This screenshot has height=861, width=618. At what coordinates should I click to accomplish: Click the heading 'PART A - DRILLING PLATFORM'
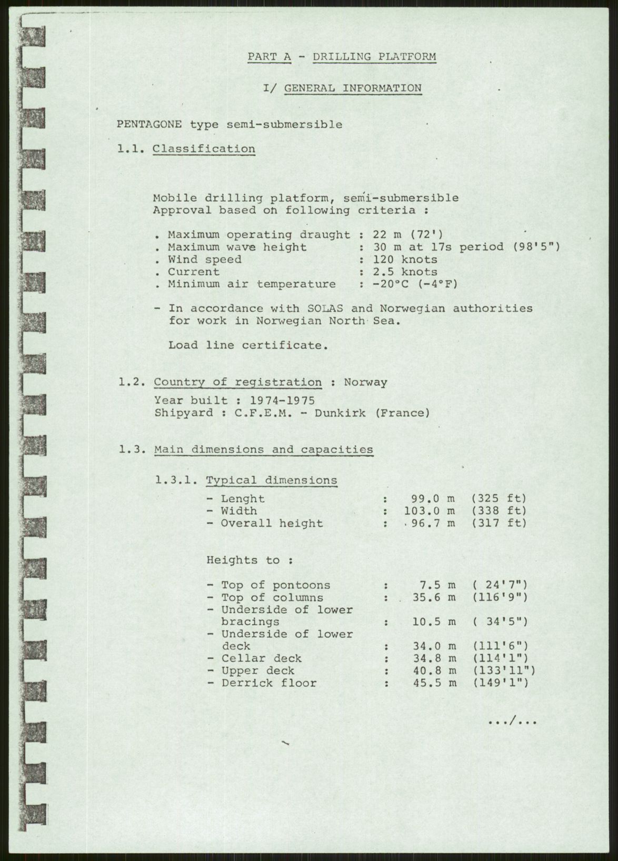pos(342,57)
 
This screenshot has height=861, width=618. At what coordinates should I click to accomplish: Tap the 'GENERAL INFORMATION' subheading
pos(353,88)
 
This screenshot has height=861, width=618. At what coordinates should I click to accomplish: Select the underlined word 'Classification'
pos(204,149)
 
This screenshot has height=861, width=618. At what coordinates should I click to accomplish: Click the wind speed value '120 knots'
pos(405,259)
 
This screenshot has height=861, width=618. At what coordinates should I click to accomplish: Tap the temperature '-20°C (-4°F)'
pos(415,284)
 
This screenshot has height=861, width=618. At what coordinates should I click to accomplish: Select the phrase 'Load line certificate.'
pos(248,345)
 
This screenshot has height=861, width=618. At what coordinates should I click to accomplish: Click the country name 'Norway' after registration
pos(365,383)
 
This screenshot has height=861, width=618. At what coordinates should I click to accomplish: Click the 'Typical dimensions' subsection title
pos(271,480)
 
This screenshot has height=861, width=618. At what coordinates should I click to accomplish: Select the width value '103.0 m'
pos(430,510)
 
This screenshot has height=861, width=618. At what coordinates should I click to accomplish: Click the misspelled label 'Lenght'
pos(242,498)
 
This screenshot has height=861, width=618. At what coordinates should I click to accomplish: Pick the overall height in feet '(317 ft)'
pos(499,523)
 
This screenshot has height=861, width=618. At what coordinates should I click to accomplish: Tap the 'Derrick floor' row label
pos(268,683)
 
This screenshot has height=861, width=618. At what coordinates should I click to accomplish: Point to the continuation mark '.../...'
pos(512,722)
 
